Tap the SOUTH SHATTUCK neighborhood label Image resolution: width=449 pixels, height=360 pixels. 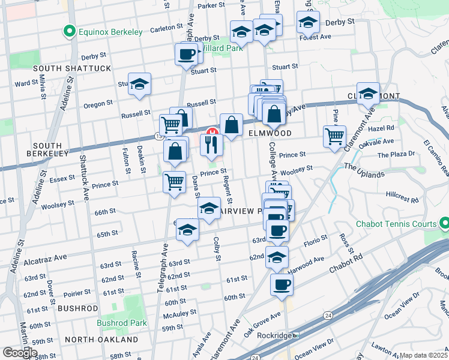point(72,68)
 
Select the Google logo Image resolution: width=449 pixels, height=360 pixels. point(20,353)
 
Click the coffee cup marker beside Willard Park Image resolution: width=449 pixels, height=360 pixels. point(185,55)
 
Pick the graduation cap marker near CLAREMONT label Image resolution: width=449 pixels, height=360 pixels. point(368,95)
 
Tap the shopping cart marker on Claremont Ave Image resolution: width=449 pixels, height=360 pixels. point(334,136)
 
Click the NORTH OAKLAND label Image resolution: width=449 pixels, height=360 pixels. point(101,340)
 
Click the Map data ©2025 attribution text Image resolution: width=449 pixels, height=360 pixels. point(423,355)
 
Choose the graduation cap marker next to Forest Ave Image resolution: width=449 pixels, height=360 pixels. point(307,23)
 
